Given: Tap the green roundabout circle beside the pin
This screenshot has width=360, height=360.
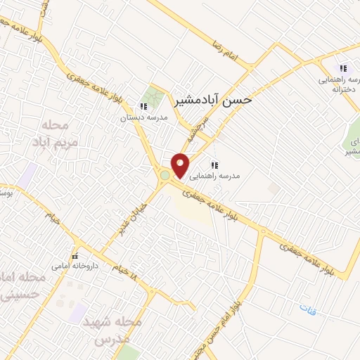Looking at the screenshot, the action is pyautogui.click(x=165, y=175).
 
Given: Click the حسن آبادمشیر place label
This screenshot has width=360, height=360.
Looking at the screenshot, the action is pyautogui.click(x=217, y=101).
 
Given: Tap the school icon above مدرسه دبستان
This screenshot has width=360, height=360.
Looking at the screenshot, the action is pyautogui.click(x=143, y=107).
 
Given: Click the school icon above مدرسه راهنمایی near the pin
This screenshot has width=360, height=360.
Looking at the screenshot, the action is pyautogui.click(x=213, y=165).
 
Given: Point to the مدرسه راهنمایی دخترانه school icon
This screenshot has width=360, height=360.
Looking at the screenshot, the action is pyautogui.click(x=343, y=68).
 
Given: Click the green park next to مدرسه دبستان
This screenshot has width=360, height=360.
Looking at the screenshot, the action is pyautogui.click(x=152, y=97).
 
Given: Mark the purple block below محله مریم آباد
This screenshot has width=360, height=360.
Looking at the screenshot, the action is pyautogui.click(x=27, y=175).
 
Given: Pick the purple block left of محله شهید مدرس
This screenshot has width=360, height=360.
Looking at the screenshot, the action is pyautogui.click(x=77, y=313).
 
